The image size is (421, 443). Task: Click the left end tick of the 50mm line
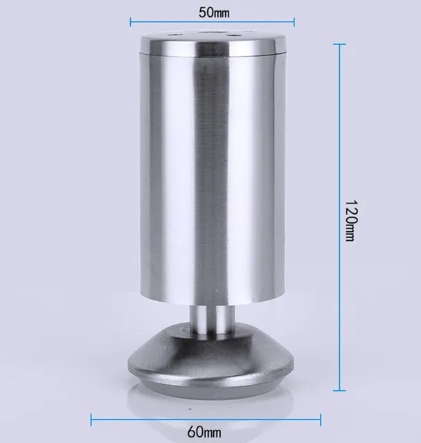[130, 22]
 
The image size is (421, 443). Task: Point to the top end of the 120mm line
[340, 44]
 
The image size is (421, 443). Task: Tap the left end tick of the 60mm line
[92, 418]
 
